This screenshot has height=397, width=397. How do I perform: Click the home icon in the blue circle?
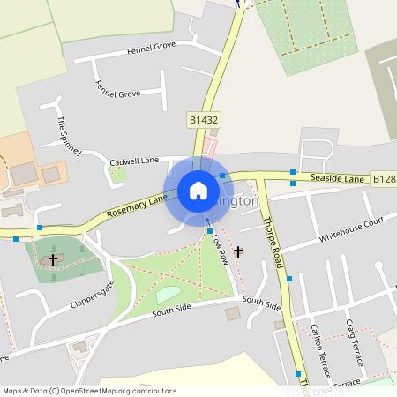pos(198,191)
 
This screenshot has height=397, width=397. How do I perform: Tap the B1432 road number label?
pos(204,118)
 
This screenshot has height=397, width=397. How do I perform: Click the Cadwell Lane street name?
pos(133,161)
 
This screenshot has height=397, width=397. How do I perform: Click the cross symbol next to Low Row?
pos(237,251)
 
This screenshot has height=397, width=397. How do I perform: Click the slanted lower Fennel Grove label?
pos(118,88)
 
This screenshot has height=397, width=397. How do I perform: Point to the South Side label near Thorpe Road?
pos(261,304)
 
